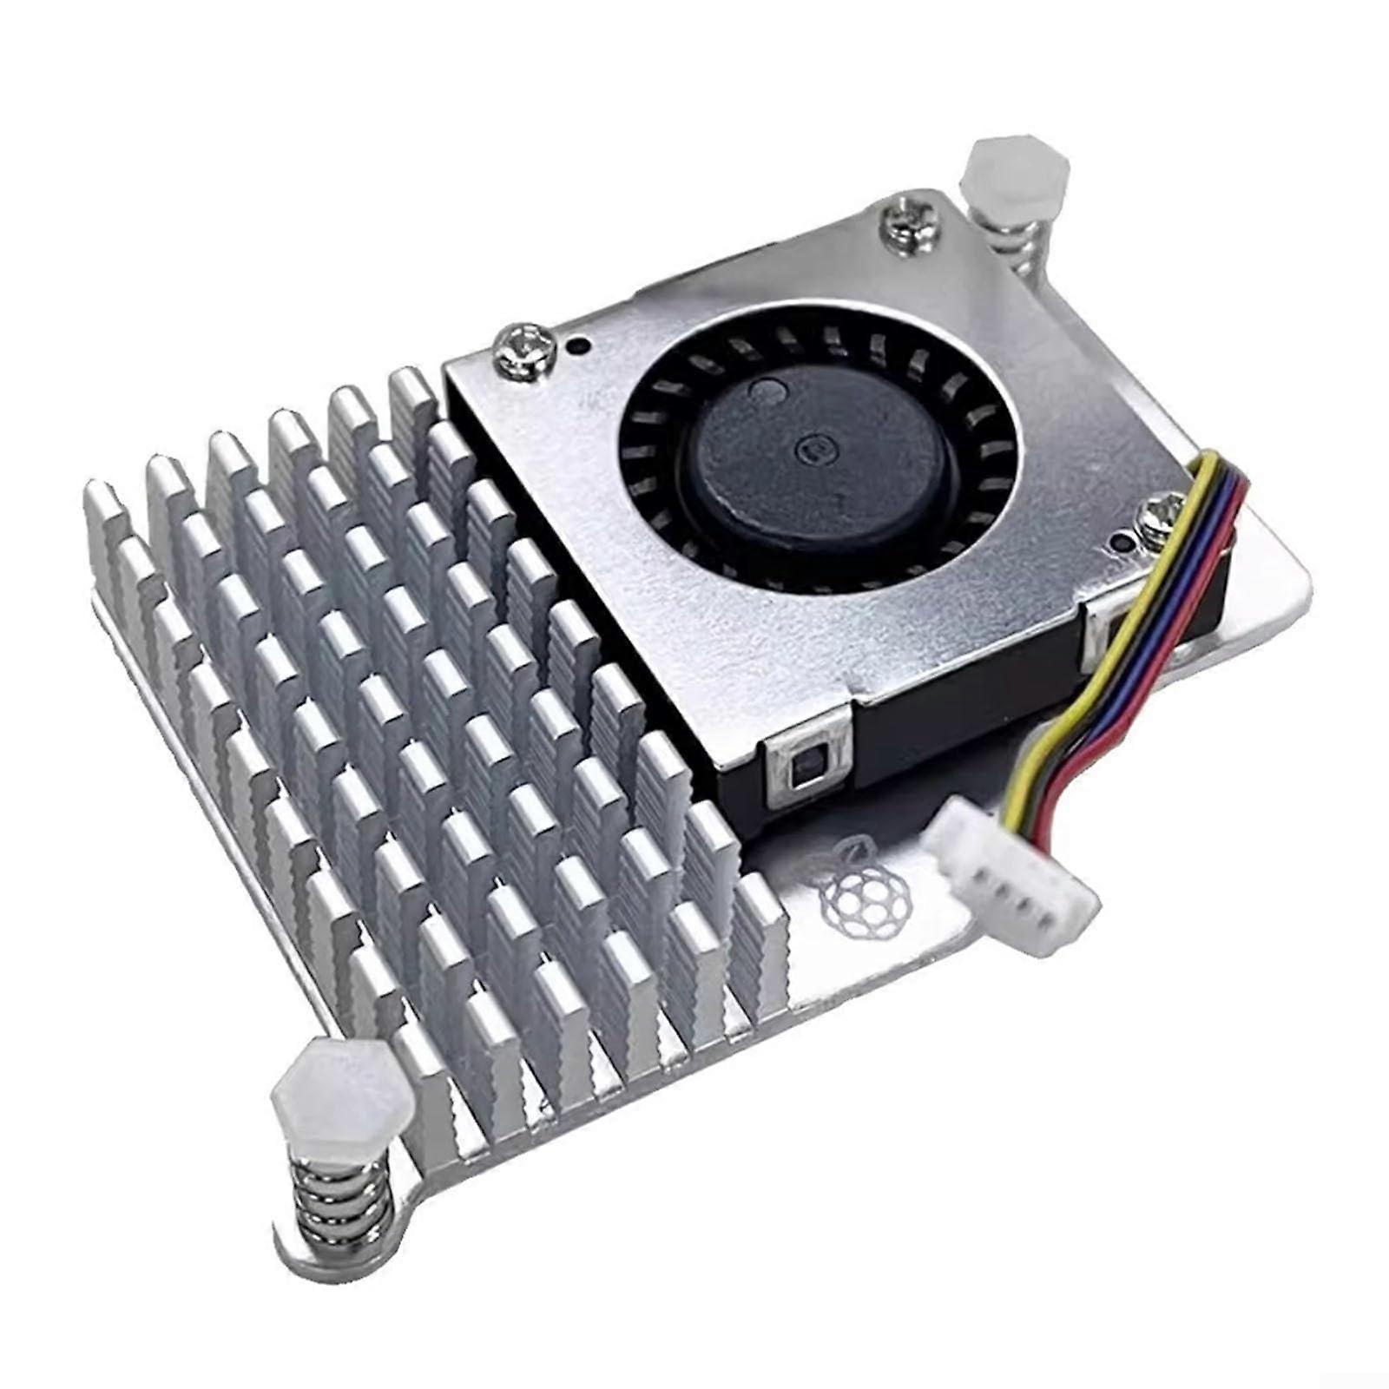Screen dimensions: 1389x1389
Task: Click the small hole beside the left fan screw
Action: click(x=574, y=346)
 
